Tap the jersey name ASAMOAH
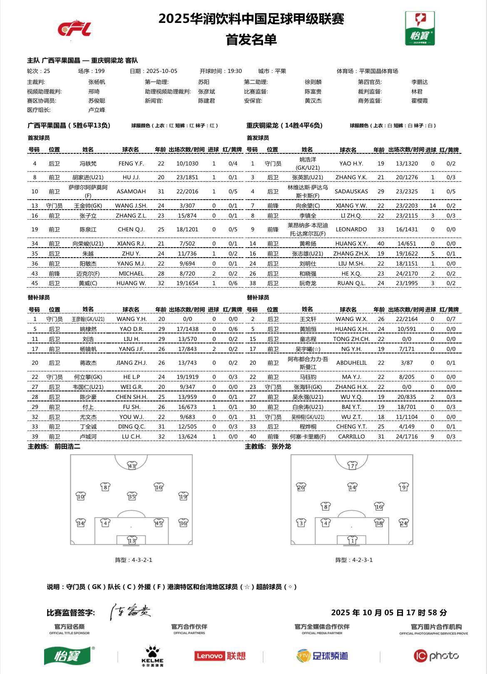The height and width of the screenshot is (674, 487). click(x=131, y=191)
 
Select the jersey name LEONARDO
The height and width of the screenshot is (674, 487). click(x=351, y=229)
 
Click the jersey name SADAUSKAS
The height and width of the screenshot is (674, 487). click(x=351, y=191)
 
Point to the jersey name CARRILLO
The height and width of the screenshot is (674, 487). click(x=351, y=436)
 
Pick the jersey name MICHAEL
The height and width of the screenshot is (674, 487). click(x=131, y=273)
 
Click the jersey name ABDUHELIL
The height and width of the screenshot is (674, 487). click(x=351, y=363)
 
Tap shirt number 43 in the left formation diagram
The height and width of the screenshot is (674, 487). click(x=132, y=466)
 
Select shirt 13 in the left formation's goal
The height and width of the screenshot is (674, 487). click(x=132, y=540)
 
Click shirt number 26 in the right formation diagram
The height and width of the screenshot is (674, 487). click(x=301, y=486)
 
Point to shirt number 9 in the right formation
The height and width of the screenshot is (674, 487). click(x=403, y=486)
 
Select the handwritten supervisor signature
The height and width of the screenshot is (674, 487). click(x=130, y=611)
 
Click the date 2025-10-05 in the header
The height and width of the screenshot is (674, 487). click(x=162, y=71)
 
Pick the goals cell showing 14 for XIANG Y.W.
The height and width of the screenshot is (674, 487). click(x=432, y=205)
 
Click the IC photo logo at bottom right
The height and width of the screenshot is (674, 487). click(x=436, y=656)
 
